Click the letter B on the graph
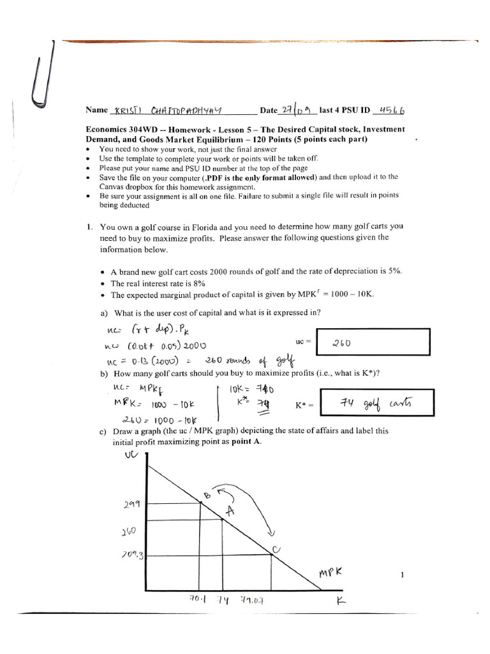207,496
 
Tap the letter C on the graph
276,548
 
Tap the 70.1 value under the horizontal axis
195,600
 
